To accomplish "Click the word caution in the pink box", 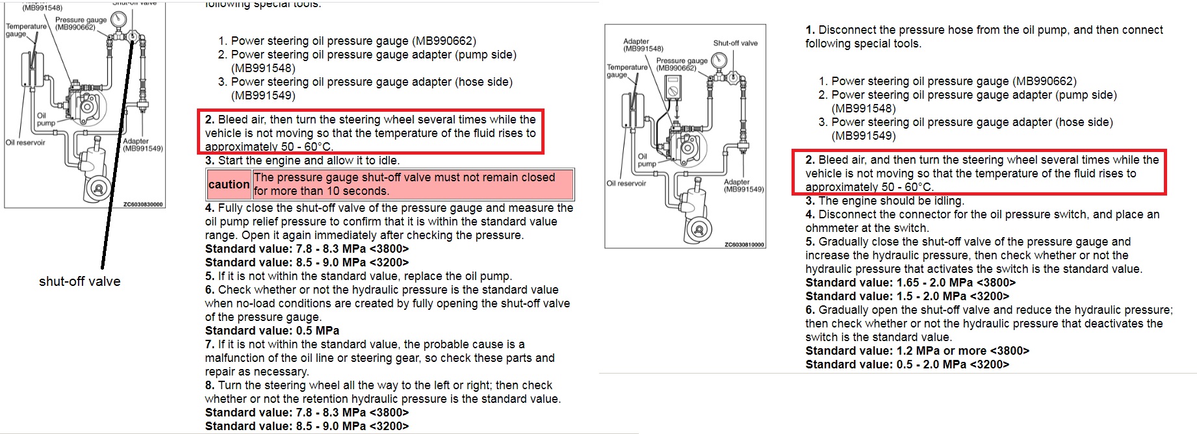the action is coord(229,185).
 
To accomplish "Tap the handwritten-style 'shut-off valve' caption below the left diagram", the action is coord(80,281).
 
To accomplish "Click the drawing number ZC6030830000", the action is coord(143,204).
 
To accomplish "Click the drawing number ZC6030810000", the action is coord(745,245).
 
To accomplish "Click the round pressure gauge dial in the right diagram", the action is coord(719,60).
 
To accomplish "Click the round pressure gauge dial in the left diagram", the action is coord(118,19).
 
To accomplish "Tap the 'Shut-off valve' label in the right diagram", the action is coord(736,43).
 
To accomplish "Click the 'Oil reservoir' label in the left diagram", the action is coord(25,142).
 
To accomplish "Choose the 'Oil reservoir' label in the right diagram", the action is coord(626,183).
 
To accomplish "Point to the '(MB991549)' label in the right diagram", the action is coord(744,189).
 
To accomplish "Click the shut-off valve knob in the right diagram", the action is coord(734,78).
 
